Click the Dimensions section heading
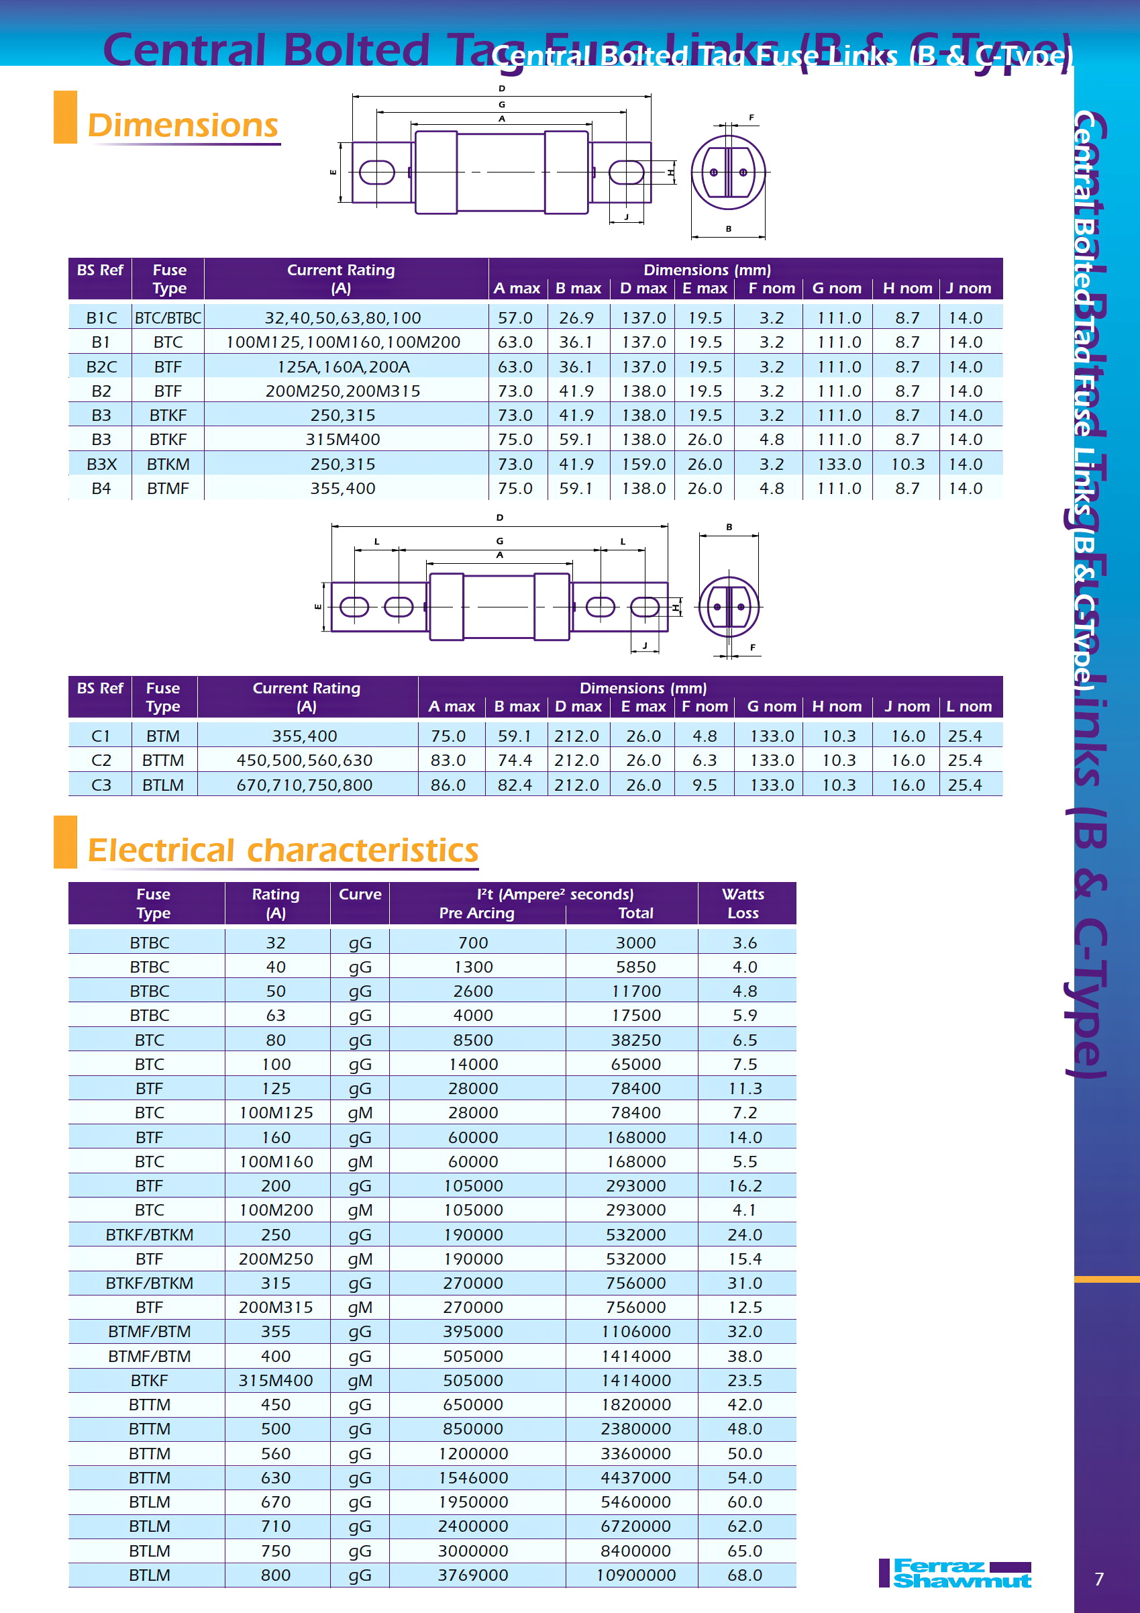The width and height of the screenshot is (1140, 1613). point(183,126)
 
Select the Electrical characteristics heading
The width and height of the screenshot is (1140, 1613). point(282,850)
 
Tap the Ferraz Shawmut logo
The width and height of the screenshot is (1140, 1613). point(955,1573)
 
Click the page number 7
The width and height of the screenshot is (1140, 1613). point(1099,1579)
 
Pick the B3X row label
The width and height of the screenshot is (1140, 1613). point(101,465)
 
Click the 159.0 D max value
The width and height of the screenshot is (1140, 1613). point(643,465)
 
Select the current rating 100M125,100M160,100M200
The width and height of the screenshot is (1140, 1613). point(343,342)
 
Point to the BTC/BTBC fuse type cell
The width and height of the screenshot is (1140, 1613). point(168,318)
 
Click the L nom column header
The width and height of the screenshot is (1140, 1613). point(969,706)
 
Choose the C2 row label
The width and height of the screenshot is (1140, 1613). point(101,760)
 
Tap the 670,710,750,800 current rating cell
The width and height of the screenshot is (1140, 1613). point(304,785)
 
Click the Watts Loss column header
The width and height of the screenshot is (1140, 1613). point(743,903)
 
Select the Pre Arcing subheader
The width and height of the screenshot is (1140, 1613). point(476,913)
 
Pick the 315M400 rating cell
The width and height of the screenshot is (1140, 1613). point(275,1381)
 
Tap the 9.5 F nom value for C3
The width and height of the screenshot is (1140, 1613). point(705,785)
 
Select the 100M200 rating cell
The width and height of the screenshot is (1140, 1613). point(275,1210)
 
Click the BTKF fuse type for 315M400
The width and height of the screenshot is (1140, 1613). point(149,1381)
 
